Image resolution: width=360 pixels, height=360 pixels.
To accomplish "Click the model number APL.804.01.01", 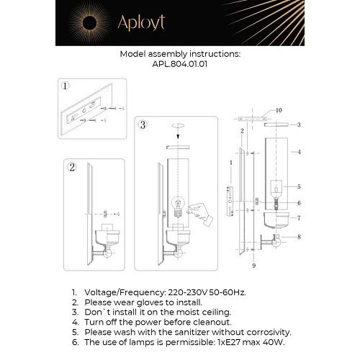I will coord(179,63).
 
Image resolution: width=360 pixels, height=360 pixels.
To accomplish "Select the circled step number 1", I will coord(66,86).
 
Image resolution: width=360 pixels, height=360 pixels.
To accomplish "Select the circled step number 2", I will coord(72,168).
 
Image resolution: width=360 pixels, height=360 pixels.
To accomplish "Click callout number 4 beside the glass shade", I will coord(298,152).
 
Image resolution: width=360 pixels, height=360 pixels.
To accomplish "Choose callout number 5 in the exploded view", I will coord(298,186).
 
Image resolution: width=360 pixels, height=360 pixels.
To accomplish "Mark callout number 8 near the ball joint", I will coord(298,236).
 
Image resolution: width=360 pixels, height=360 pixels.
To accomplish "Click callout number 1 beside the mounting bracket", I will coord(230,163).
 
